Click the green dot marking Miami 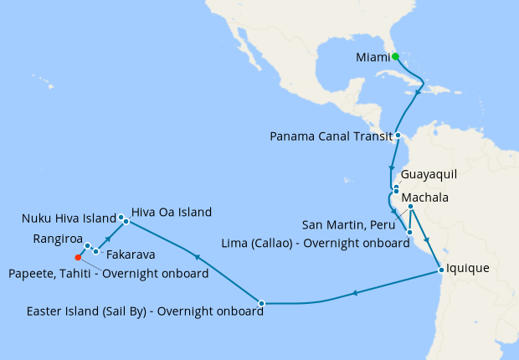click(395, 57)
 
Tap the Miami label click(373, 57)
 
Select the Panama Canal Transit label click(331, 136)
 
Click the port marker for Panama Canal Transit click(398, 135)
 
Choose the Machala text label click(424, 198)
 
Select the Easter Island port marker click(262, 302)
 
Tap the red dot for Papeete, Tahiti click(78, 257)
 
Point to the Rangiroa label click(58, 239)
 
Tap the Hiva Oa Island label click(171, 212)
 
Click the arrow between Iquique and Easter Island click(355, 292)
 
